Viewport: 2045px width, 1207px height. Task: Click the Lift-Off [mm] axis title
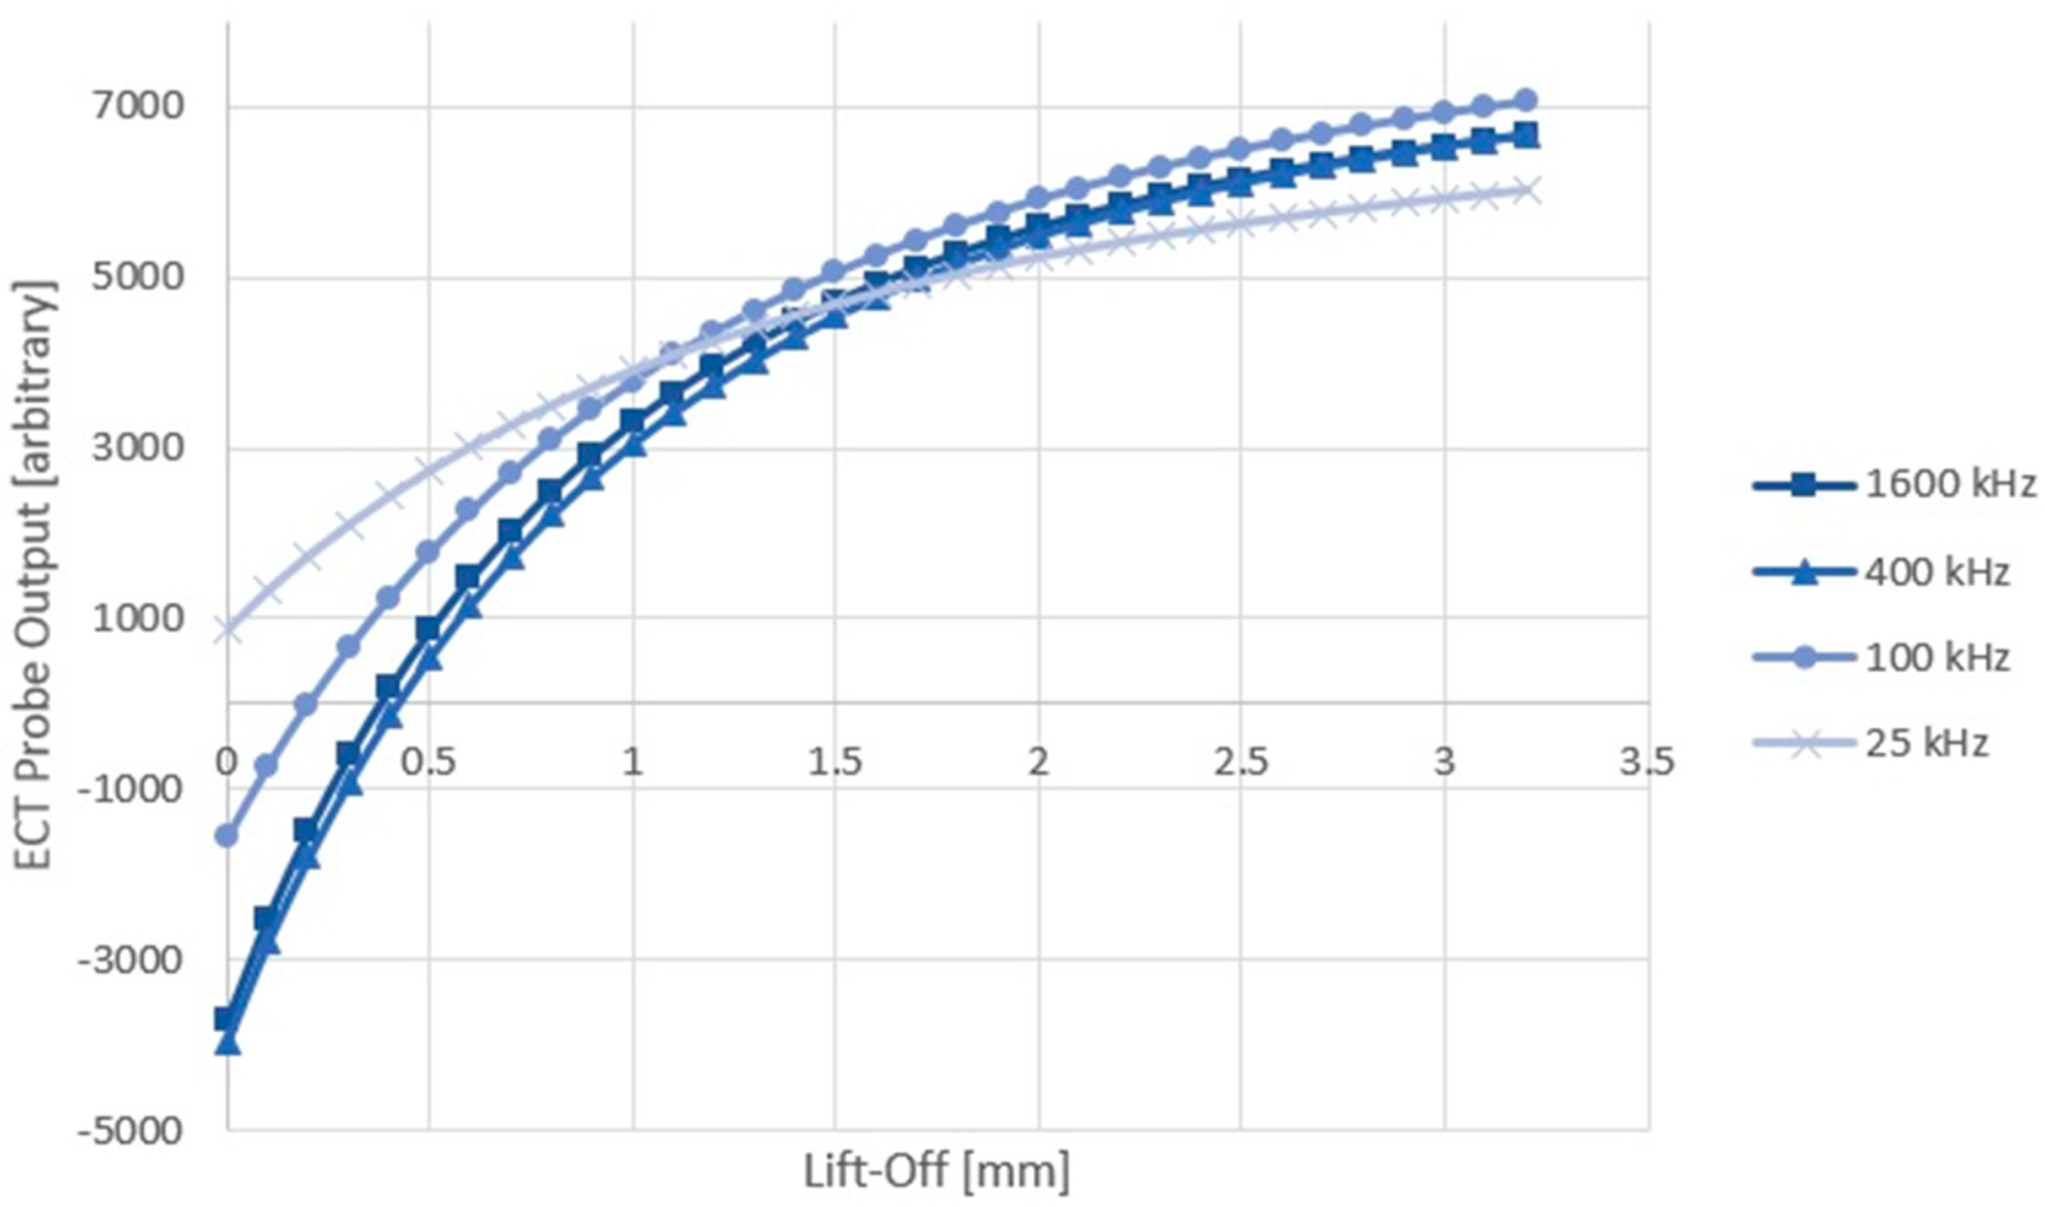(x=936, y=1172)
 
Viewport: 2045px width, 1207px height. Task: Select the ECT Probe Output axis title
(x=36, y=577)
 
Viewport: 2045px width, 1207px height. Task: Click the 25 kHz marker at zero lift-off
(x=227, y=630)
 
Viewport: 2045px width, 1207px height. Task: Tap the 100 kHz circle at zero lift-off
(x=227, y=836)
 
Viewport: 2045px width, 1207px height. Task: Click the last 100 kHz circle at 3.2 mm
(x=1525, y=100)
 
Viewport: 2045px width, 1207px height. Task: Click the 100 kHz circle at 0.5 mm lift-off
(x=429, y=552)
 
